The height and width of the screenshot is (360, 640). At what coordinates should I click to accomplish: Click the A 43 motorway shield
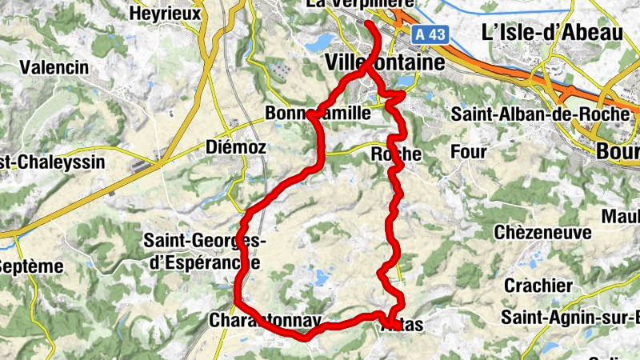click(430, 35)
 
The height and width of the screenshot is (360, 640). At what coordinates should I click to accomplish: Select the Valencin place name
click(54, 67)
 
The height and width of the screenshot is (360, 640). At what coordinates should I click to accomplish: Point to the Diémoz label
click(230, 147)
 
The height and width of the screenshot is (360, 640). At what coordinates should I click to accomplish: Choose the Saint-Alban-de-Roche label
click(540, 114)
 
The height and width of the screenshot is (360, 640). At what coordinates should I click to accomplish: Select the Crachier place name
click(538, 286)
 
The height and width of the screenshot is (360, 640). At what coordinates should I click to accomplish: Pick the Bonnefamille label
click(318, 114)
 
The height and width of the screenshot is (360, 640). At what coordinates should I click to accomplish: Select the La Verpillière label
click(359, 5)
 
